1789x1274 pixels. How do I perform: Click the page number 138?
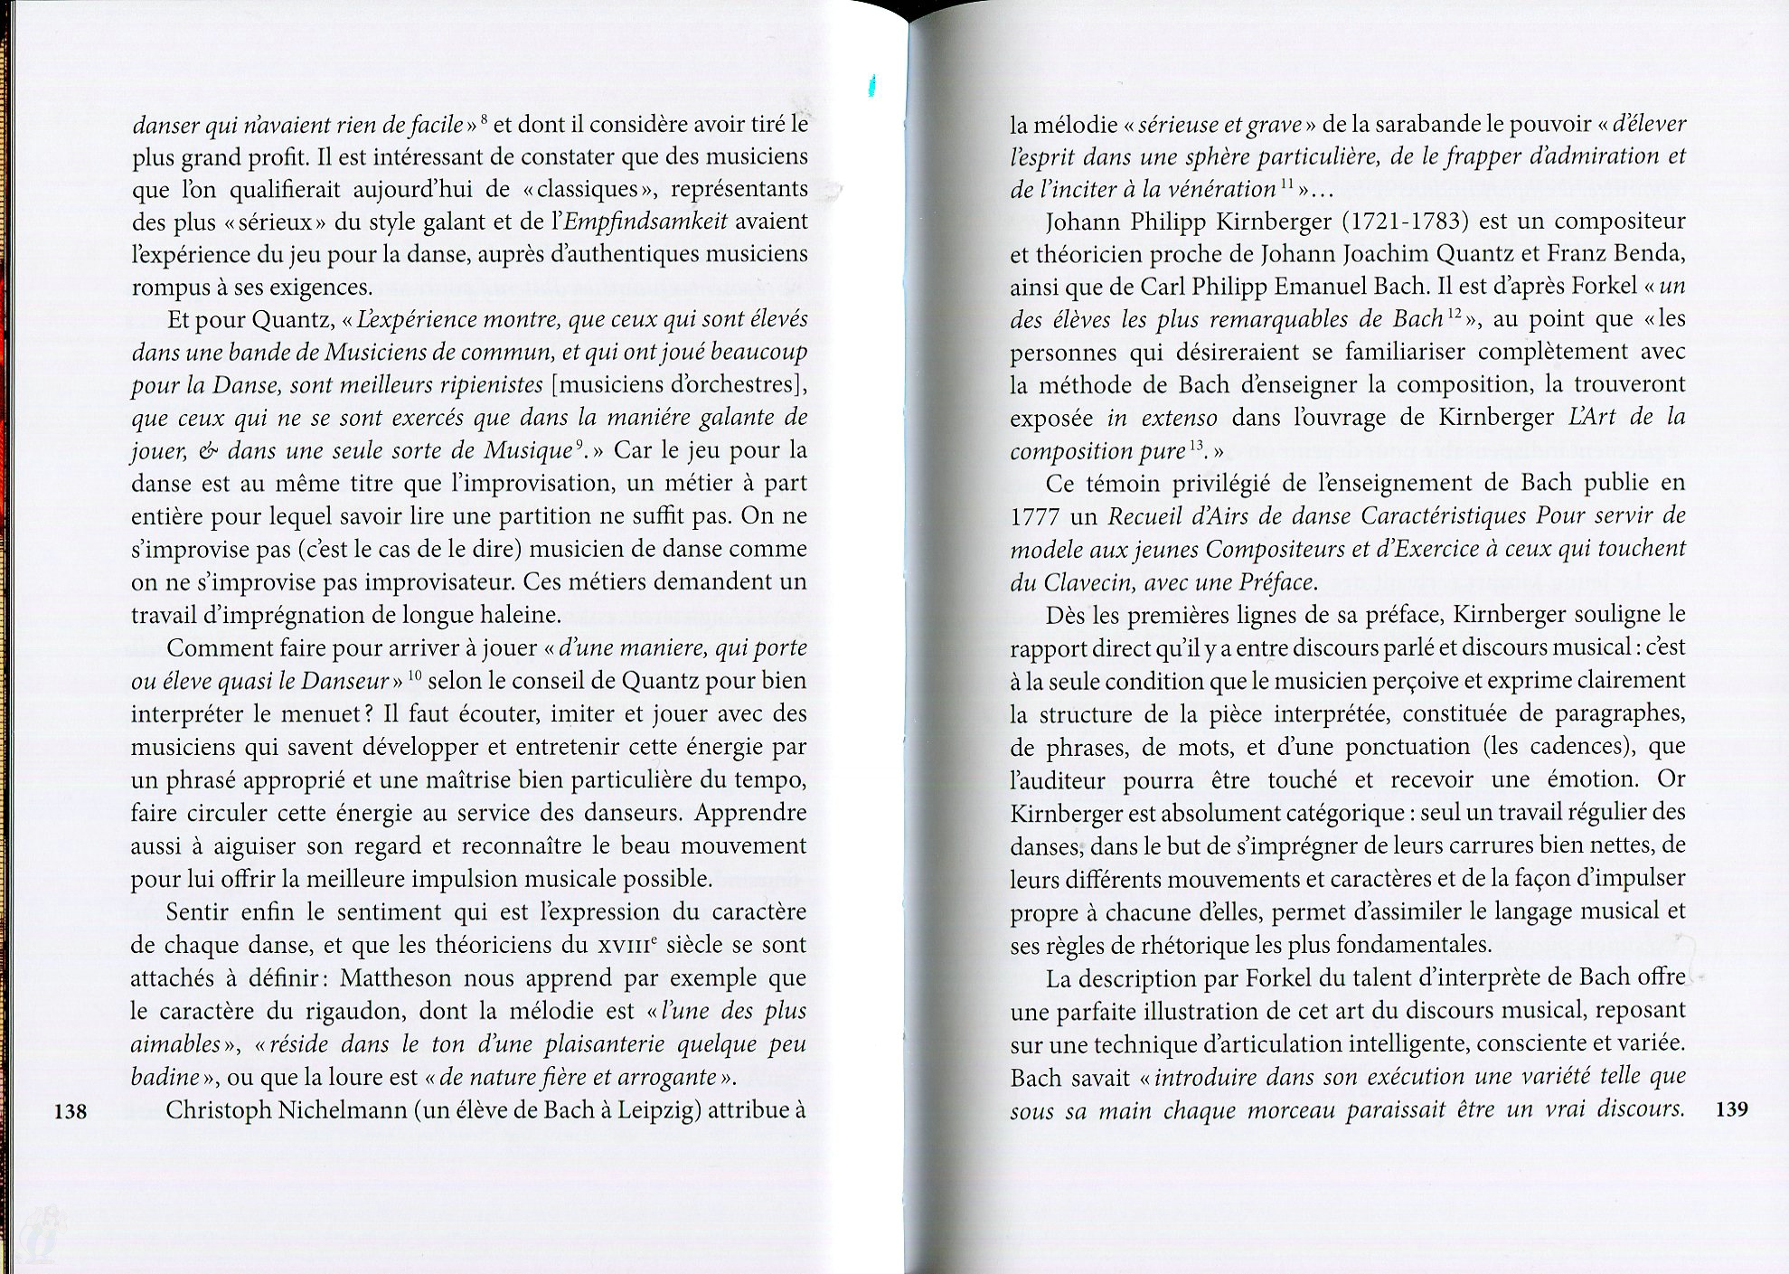coord(71,1111)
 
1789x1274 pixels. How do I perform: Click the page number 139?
coord(1730,1109)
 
